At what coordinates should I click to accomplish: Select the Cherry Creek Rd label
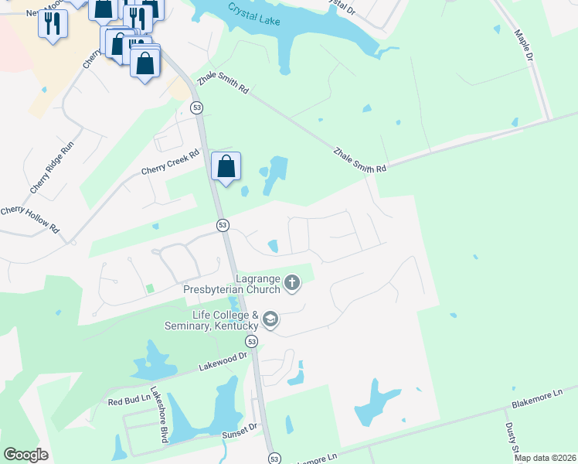tap(170, 161)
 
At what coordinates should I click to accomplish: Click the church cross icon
tap(292, 283)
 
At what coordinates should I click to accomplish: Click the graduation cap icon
tap(270, 319)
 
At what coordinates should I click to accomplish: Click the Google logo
tap(25, 455)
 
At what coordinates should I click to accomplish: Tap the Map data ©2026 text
tap(545, 458)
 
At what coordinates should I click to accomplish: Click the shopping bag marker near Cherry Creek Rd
tap(226, 167)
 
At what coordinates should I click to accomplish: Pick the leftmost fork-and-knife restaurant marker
tap(53, 23)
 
